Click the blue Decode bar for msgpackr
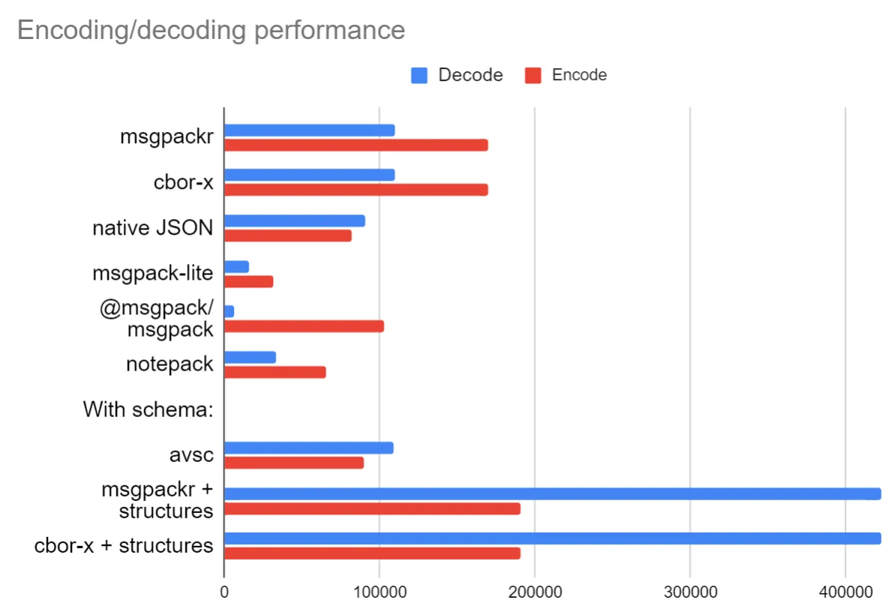click(x=309, y=130)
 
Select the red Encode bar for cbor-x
click(x=355, y=190)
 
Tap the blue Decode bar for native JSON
click(x=294, y=220)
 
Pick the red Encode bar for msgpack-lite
click(x=248, y=281)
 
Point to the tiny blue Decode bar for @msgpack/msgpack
click(x=229, y=311)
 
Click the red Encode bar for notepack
click(x=274, y=372)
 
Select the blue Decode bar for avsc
click(x=308, y=448)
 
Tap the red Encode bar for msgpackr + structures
click(x=372, y=508)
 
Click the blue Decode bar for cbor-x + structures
click(x=552, y=538)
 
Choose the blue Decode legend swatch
click(x=419, y=75)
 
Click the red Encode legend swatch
click(x=533, y=75)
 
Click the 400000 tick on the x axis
click(x=845, y=592)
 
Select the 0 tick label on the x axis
click(x=224, y=592)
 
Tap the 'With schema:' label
click(x=148, y=409)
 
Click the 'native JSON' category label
click(x=153, y=228)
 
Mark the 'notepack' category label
click(x=169, y=364)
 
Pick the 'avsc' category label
click(x=191, y=455)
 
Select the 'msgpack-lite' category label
click(x=153, y=274)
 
